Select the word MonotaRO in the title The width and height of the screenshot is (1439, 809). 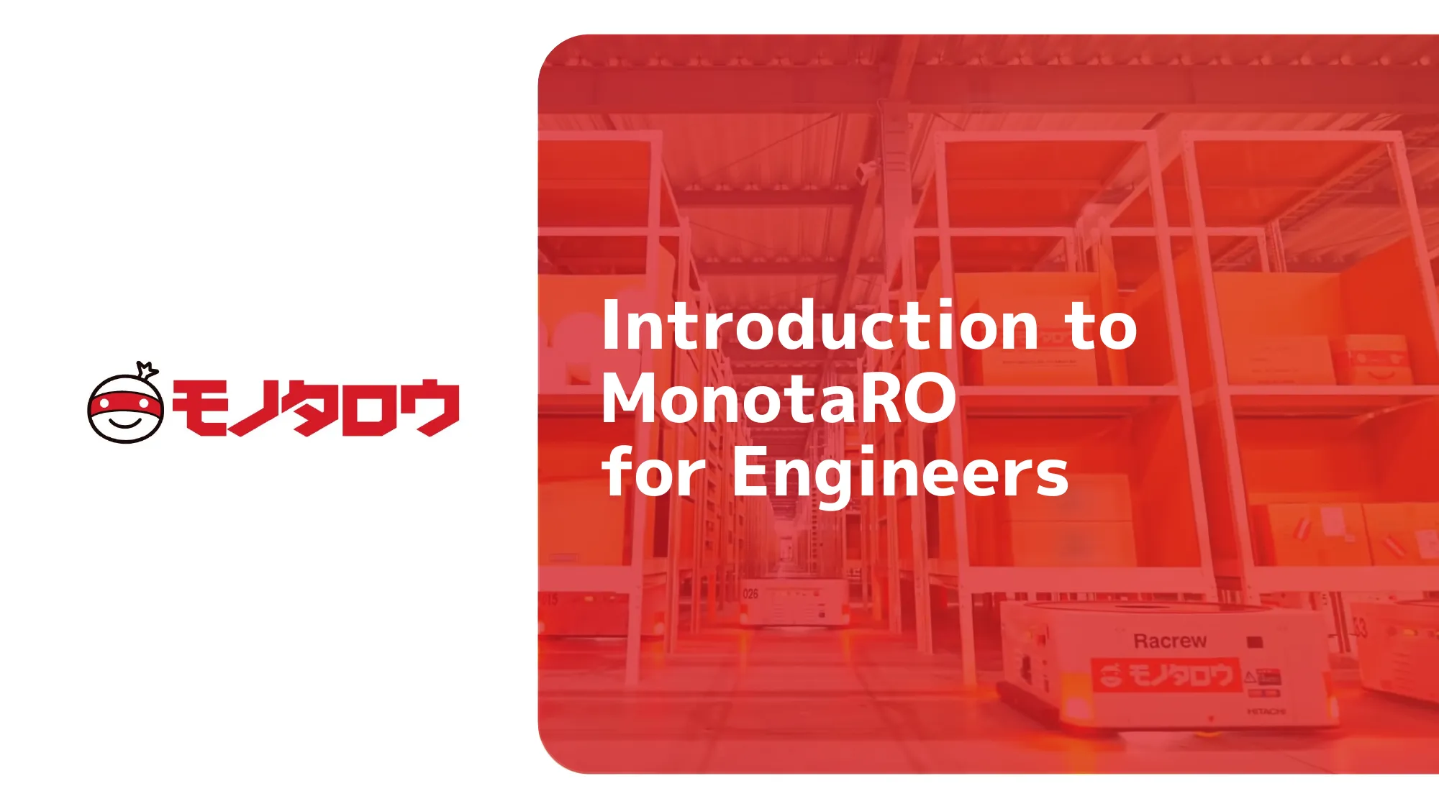[x=779, y=399]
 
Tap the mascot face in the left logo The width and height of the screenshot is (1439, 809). [x=125, y=408]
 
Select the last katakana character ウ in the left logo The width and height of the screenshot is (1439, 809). [x=430, y=408]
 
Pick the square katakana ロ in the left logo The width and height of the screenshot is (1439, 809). [x=370, y=408]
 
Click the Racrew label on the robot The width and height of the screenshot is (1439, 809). [x=1170, y=641]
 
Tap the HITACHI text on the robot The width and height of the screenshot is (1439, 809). [x=1266, y=711]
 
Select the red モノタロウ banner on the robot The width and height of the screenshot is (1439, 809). [x=1167, y=675]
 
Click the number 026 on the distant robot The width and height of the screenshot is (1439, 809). [x=750, y=594]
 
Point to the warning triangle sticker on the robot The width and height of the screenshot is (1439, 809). [x=1250, y=677]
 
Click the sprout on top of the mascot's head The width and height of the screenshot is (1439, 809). [x=147, y=370]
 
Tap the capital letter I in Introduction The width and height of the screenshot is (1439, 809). [x=610, y=326]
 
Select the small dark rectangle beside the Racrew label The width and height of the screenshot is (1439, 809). [x=1255, y=641]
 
